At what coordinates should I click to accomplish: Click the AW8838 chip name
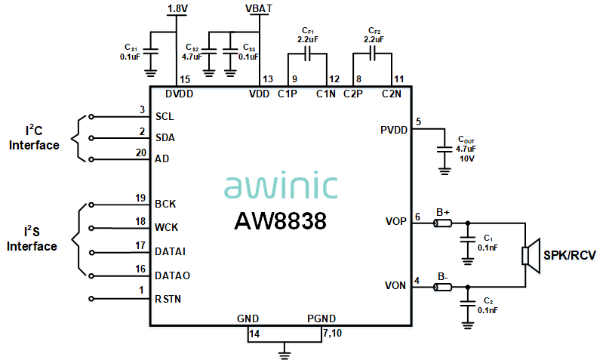click(280, 221)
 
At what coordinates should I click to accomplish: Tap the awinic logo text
click(281, 186)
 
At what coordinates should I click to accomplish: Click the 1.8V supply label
click(177, 8)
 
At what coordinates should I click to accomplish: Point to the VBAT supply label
click(260, 8)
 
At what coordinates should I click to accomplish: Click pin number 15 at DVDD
click(184, 79)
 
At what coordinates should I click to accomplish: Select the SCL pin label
click(165, 117)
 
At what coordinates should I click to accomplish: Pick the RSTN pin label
click(168, 299)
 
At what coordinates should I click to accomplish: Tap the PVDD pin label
click(394, 130)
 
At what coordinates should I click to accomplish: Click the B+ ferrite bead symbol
click(442, 223)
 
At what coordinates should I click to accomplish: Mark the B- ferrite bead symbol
click(442, 287)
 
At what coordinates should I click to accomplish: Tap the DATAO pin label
click(172, 275)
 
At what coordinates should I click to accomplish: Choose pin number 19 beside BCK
click(140, 198)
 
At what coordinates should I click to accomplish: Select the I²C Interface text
click(34, 138)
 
